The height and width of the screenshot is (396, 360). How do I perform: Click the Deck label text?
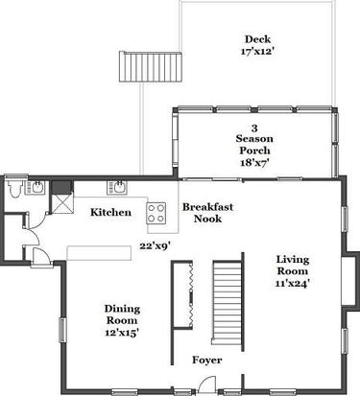257,39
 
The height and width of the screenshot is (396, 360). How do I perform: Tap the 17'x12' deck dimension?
257,51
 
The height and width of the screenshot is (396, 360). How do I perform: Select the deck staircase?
151,67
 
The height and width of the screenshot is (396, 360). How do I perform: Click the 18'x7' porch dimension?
254,162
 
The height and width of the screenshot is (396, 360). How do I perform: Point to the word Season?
254,139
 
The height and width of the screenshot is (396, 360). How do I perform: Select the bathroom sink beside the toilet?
35,187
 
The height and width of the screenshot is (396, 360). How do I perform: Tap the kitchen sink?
117,187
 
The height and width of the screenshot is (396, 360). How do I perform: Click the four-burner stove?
156,213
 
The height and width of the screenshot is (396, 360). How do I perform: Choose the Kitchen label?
110,212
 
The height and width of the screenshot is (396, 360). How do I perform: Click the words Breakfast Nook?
208,213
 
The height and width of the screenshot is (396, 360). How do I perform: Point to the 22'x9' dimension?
155,246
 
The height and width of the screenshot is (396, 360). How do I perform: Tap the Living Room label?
293,265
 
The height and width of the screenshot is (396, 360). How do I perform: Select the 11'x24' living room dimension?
293,283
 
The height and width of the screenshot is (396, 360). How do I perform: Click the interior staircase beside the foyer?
228,303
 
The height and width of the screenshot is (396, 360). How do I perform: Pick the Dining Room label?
122,314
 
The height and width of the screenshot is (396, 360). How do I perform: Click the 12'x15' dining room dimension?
122,333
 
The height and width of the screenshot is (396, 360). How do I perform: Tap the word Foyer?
207,360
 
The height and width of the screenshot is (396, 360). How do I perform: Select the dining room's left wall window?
62,331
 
